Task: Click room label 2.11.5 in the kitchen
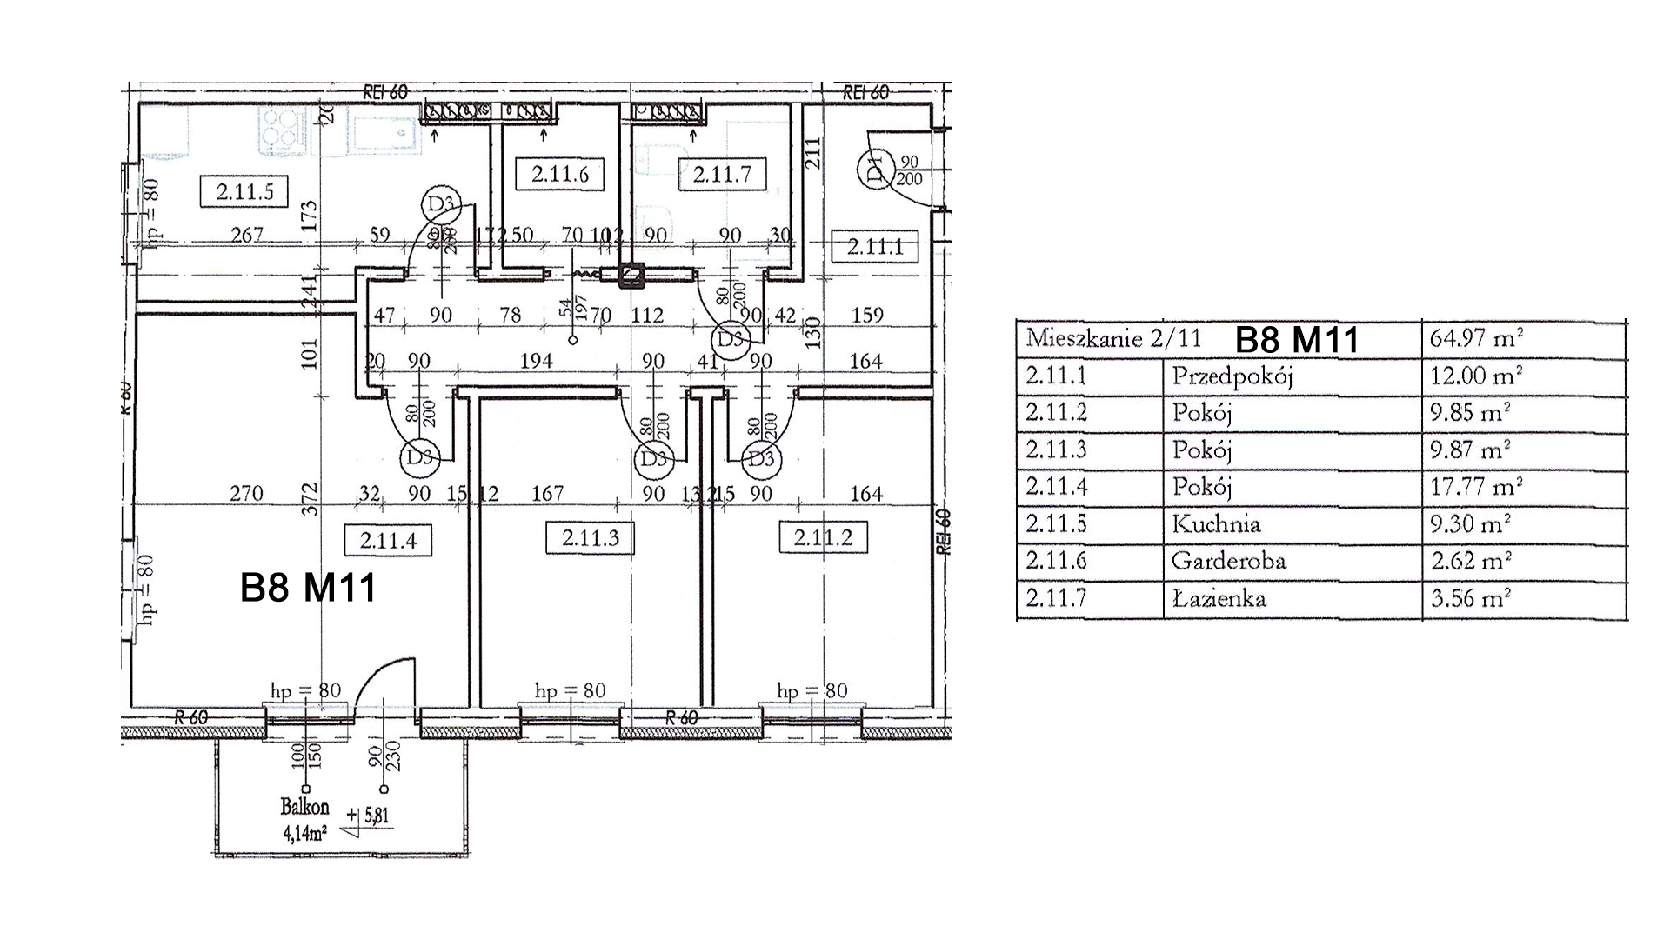(x=244, y=191)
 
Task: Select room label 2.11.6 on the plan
(x=560, y=174)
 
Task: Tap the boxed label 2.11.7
(x=722, y=174)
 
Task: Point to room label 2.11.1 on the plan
(x=875, y=246)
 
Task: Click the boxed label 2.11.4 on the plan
(x=388, y=540)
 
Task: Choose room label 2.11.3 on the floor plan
(x=590, y=537)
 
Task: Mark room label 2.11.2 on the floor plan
(x=823, y=537)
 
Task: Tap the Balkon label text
(x=304, y=807)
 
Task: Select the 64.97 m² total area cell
(x=1476, y=337)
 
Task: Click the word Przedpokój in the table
(x=1232, y=376)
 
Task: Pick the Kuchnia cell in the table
(x=1216, y=523)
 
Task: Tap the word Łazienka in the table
(x=1219, y=598)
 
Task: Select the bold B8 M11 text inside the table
(x=1296, y=339)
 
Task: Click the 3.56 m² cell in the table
(x=1471, y=598)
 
